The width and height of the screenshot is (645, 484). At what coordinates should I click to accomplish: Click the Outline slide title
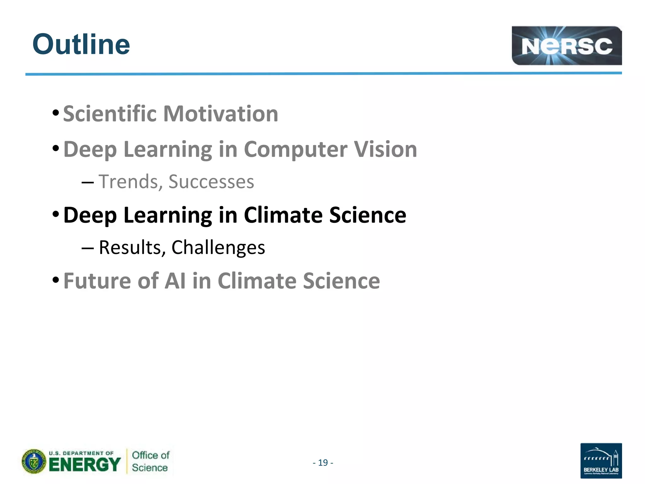point(81,44)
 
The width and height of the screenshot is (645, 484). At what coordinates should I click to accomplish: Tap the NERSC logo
point(566,46)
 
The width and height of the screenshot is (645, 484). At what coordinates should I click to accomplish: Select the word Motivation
point(220,114)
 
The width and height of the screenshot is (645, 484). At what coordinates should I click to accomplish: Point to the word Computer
point(295,149)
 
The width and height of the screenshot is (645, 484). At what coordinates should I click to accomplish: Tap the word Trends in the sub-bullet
point(128,182)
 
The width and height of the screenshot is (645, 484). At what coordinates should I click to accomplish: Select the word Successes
point(211,182)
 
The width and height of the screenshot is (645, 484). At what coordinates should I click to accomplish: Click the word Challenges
point(218,247)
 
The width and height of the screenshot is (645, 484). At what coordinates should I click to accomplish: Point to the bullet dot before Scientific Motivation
point(56,113)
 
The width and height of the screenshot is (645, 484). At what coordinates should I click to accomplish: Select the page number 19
point(323,463)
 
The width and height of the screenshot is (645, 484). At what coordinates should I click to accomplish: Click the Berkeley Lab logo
point(601,460)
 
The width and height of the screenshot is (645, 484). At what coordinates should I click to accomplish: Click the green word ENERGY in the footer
point(84,465)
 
